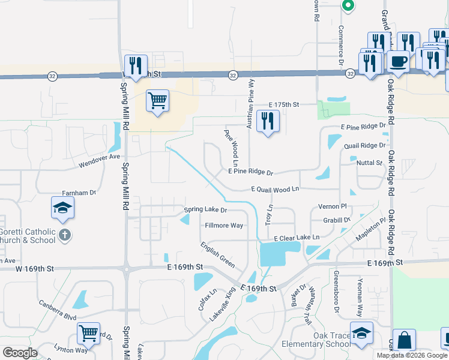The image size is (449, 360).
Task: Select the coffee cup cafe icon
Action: [x=398, y=61]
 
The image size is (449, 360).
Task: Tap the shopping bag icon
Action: [x=404, y=340]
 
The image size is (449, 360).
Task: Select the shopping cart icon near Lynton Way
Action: [x=89, y=333]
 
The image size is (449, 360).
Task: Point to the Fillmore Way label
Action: [x=224, y=226]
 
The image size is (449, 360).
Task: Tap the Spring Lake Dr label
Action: [x=205, y=210]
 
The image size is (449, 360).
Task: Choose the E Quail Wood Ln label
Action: [x=275, y=190]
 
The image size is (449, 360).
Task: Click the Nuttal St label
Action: [x=369, y=163]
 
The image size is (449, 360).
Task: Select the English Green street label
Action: [x=218, y=256]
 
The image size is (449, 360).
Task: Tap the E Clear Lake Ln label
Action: [x=297, y=238]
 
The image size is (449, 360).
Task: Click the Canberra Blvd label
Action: [x=58, y=309]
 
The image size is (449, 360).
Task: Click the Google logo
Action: [x=20, y=352]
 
